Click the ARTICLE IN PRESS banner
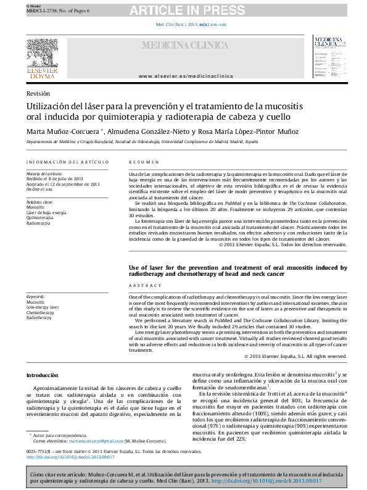[183, 9]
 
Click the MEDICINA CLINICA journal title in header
[184, 46]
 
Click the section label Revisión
[38, 93]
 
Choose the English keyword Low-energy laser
[43, 307]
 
